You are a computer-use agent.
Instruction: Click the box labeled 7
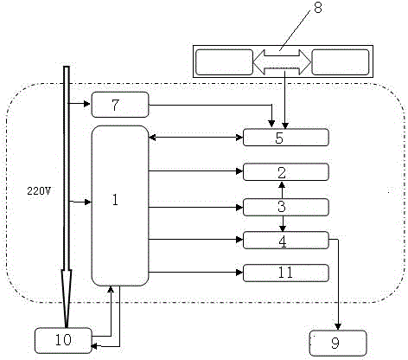120,105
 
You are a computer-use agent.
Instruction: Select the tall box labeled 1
120,206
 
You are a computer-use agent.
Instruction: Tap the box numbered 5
286,138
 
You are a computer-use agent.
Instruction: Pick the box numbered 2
286,172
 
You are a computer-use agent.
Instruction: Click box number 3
286,207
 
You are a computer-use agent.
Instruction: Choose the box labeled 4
286,240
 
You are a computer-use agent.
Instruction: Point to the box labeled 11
286,273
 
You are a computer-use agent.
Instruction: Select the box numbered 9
338,344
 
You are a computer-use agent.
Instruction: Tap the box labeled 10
63,341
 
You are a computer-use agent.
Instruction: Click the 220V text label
39,190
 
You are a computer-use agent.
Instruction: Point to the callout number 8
318,8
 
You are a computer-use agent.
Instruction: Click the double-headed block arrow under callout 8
282,62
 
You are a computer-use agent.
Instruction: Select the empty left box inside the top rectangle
224,62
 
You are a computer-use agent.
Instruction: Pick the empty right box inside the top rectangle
341,62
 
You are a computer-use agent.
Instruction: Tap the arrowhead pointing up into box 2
282,183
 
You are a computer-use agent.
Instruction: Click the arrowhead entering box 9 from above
338,327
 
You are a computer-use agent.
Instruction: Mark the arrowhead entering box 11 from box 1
239,273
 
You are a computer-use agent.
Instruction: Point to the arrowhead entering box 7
87,103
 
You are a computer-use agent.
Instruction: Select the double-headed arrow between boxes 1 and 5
196,138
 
